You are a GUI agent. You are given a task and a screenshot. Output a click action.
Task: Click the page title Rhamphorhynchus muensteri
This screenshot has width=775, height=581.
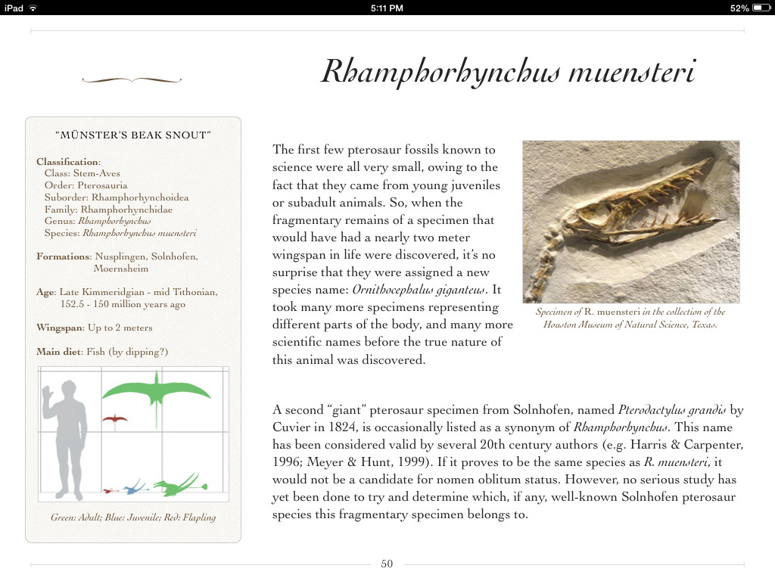pyautogui.click(x=508, y=73)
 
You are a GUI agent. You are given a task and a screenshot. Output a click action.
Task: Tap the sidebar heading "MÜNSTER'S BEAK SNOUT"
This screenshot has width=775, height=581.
pyautogui.click(x=133, y=135)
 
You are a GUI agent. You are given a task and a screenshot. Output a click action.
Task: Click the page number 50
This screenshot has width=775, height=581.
pyautogui.click(x=387, y=564)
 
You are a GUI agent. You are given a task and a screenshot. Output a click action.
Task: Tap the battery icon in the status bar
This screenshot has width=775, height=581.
pyautogui.click(x=761, y=8)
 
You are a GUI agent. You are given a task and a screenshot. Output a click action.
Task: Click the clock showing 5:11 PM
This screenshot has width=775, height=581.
pyautogui.click(x=387, y=8)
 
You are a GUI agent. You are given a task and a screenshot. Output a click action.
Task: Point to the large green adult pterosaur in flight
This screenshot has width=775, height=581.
pyautogui.click(x=156, y=390)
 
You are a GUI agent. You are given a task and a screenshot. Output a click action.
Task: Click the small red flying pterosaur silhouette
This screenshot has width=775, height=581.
pyautogui.click(x=115, y=418)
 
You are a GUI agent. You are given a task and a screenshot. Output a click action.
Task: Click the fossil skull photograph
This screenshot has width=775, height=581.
pyautogui.click(x=630, y=222)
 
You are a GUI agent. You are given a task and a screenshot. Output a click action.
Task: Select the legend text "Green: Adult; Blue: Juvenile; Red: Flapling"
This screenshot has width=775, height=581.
pyautogui.click(x=133, y=517)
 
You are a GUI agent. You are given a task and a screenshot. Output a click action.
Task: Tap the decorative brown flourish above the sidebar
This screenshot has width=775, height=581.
pyautogui.click(x=132, y=79)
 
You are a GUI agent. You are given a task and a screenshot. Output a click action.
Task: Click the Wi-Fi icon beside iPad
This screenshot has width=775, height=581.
pyautogui.click(x=33, y=8)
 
